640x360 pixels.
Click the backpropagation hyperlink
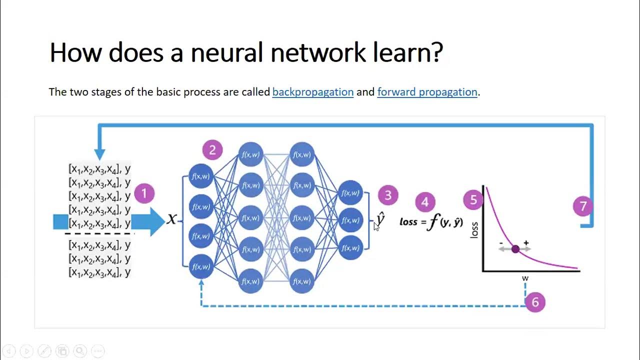(313, 92)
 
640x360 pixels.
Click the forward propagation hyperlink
(427, 92)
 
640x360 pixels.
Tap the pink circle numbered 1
(144, 193)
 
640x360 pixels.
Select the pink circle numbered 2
(212, 150)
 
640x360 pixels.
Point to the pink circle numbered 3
(388, 195)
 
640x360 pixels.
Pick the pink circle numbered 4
(425, 202)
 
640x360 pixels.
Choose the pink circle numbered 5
(473, 200)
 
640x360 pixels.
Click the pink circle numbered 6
(535, 302)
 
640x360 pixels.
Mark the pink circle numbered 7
(583, 206)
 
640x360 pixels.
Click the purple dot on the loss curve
(515, 248)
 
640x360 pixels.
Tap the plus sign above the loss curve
(526, 243)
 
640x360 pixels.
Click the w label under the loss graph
(525, 278)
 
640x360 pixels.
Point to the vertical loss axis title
(474, 228)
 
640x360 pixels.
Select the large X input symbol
(172, 219)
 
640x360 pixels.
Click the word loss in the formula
(408, 221)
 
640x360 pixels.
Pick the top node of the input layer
(201, 176)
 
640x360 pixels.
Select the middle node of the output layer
(350, 220)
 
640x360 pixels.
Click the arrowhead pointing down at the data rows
(99, 154)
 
